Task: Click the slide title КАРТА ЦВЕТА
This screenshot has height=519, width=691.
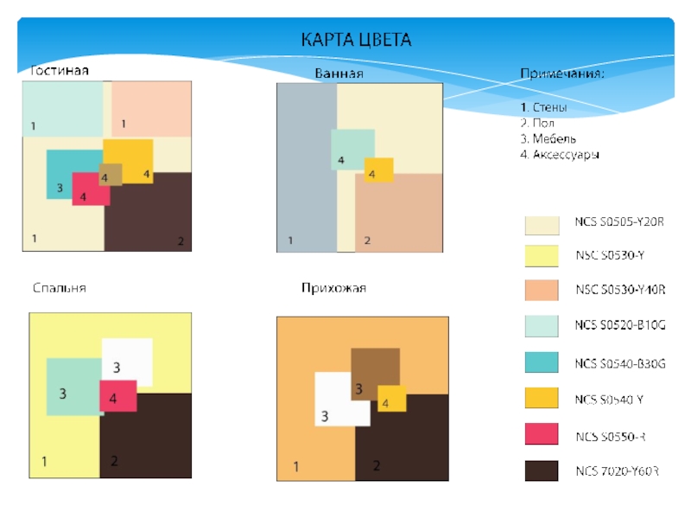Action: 356,40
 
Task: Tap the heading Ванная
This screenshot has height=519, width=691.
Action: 339,74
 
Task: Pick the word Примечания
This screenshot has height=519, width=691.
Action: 561,74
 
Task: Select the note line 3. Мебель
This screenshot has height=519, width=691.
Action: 548,138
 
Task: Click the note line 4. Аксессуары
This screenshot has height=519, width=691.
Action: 559,154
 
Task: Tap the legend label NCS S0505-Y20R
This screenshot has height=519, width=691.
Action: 619,222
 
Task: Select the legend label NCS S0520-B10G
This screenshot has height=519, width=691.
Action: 620,325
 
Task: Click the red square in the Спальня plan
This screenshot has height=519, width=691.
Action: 118,395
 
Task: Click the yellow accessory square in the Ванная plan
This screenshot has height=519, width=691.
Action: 378,170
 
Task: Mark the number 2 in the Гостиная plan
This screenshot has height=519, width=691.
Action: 181,240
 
